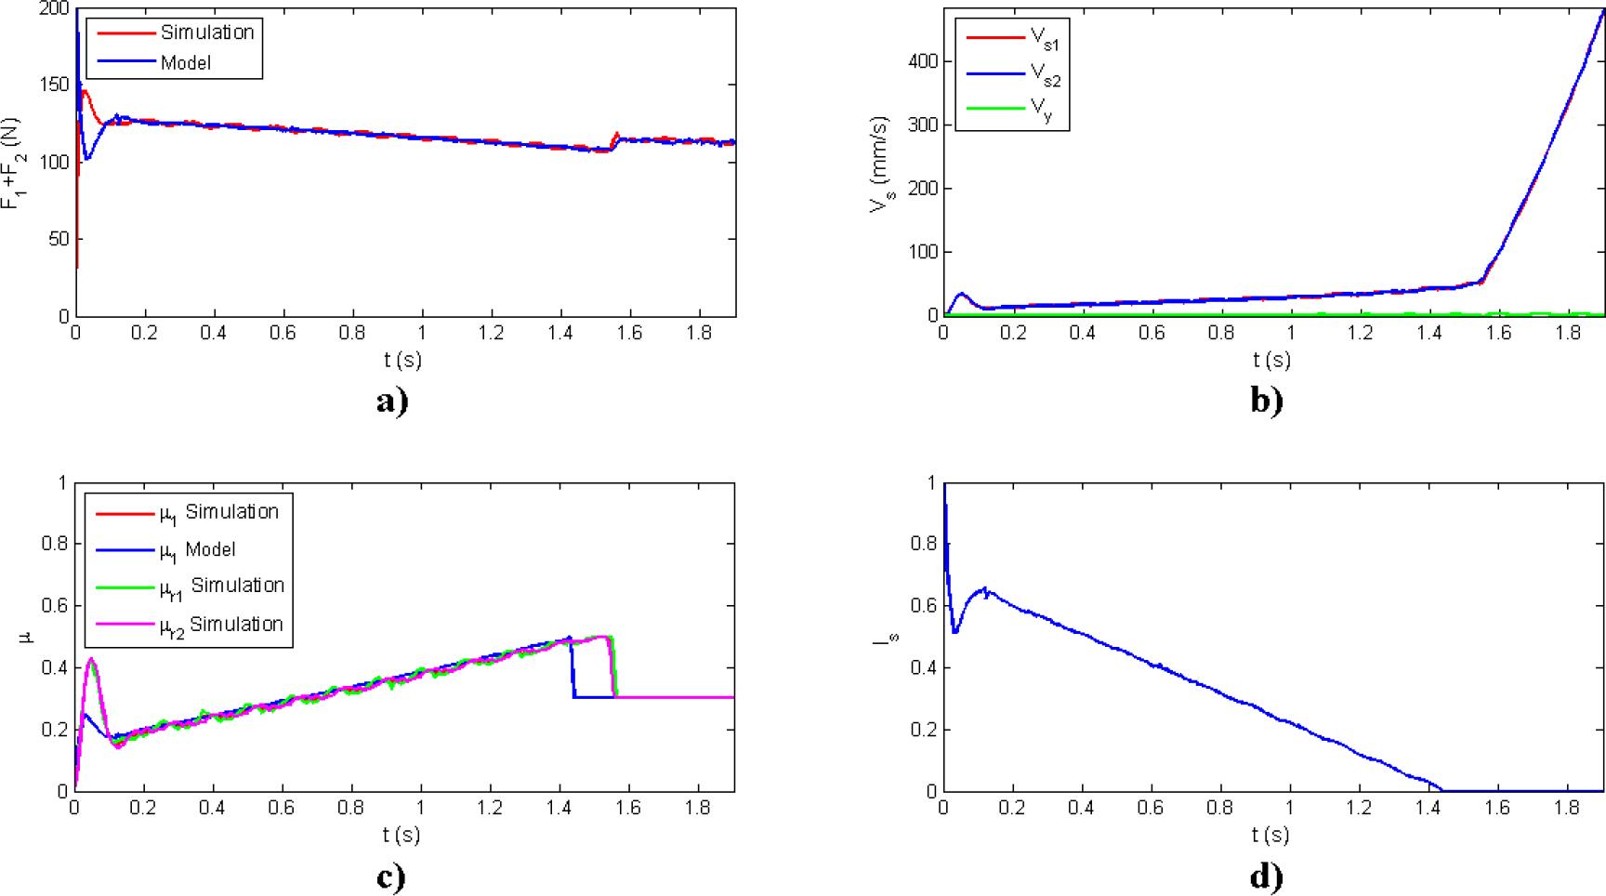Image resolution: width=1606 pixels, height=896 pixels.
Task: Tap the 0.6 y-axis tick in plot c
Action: (x=56, y=606)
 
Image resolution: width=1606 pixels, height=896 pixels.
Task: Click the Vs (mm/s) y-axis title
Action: (x=880, y=165)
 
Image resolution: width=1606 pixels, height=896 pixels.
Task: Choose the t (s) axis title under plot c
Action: (x=401, y=835)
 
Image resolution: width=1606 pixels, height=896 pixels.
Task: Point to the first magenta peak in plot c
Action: (x=90, y=659)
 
